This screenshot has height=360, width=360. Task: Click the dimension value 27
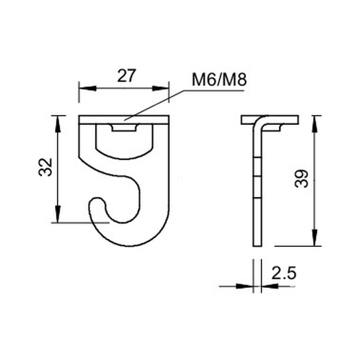tap(127, 76)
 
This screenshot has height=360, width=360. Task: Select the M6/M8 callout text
tap(219, 80)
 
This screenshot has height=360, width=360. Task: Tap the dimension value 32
tap(46, 167)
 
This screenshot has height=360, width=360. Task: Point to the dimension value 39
tap(302, 179)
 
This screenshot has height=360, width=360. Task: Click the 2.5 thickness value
tap(284, 273)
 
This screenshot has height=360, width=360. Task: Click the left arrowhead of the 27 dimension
tap(87, 88)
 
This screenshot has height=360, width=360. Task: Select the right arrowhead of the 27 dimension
tap(160, 88)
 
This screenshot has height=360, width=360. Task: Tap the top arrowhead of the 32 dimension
tap(58, 124)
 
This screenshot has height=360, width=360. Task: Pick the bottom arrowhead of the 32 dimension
tap(58, 214)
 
